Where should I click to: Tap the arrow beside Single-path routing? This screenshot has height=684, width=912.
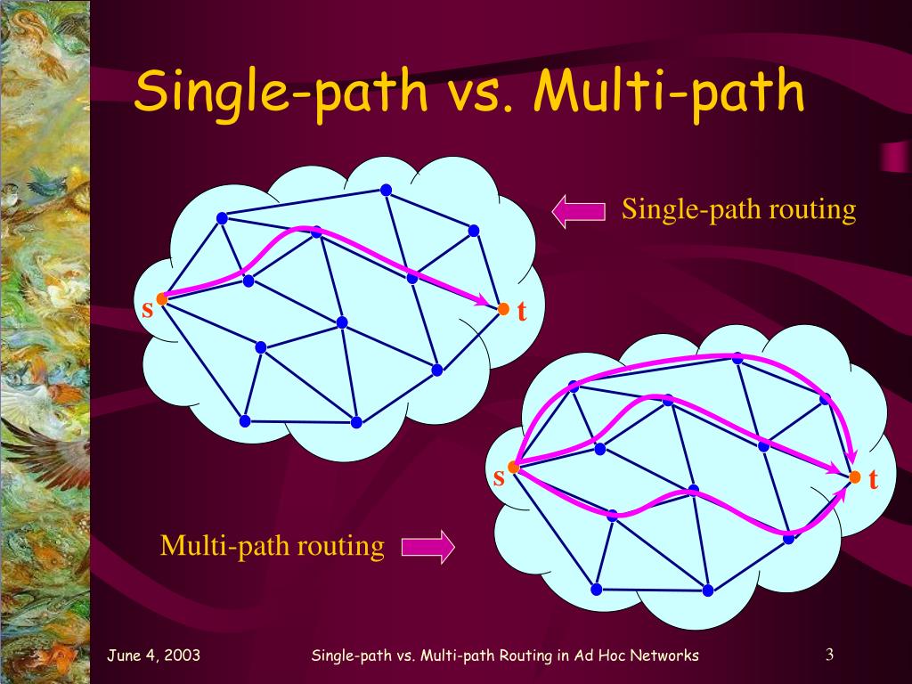tap(579, 211)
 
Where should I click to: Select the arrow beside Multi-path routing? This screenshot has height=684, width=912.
tap(427, 547)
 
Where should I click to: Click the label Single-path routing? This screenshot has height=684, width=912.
tap(738, 210)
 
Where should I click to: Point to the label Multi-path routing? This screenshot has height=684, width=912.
tap(273, 545)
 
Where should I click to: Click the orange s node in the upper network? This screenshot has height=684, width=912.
tap(162, 298)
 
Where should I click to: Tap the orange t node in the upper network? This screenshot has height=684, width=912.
tap(503, 309)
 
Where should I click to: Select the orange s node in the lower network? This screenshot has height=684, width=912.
tap(513, 466)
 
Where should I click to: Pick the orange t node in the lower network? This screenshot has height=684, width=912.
tap(855, 477)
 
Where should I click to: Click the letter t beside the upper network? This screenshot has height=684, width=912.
tap(522, 313)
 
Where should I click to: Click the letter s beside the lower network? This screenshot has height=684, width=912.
tap(499, 478)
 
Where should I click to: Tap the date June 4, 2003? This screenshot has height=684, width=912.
tap(153, 655)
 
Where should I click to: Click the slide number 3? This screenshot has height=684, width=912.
tap(828, 655)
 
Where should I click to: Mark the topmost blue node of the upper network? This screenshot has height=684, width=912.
tap(386, 190)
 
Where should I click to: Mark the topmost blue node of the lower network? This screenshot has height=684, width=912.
tap(737, 358)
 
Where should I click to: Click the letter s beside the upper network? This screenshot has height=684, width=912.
tap(148, 309)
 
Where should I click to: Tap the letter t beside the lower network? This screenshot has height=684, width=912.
tap(874, 481)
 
